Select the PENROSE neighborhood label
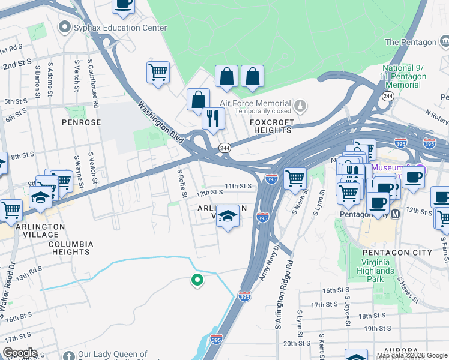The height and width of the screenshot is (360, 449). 81,122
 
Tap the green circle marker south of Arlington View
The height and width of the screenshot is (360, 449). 196,280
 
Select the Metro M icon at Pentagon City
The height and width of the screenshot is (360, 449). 396,214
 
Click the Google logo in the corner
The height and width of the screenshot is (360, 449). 20,352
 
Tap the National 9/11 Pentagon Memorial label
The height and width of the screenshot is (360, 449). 404,77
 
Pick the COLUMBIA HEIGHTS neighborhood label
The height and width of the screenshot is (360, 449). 71,248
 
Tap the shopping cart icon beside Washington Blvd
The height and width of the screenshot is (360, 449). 158,73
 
